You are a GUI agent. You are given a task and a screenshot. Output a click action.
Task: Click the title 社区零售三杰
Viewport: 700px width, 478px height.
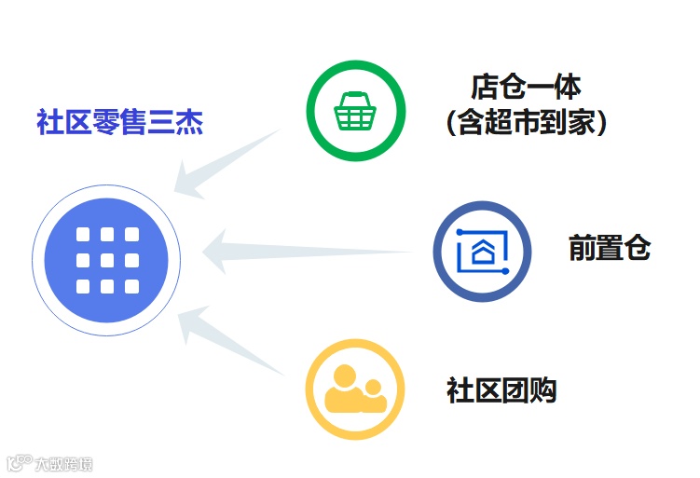[120, 122]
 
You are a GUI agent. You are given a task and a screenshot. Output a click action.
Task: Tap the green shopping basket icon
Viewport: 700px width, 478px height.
[356, 111]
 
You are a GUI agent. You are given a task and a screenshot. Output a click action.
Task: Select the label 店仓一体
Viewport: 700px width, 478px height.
[525, 88]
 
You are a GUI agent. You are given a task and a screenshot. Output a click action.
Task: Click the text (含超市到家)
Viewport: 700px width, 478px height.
[526, 123]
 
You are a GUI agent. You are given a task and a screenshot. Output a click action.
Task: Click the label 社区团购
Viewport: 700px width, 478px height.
[501, 389]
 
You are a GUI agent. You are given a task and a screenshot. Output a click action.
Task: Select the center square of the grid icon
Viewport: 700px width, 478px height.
[107, 260]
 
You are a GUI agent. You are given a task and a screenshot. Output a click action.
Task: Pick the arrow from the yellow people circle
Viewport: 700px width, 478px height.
[228, 341]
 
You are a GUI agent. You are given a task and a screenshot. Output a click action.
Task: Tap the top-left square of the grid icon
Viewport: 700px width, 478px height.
[83, 235]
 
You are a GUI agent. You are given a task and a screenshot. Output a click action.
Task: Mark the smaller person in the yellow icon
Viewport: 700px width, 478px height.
[374, 395]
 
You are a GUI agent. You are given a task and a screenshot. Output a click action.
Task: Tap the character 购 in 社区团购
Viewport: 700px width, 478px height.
[542, 389]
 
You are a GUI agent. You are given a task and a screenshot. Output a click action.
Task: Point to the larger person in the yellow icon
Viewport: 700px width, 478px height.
[344, 389]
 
